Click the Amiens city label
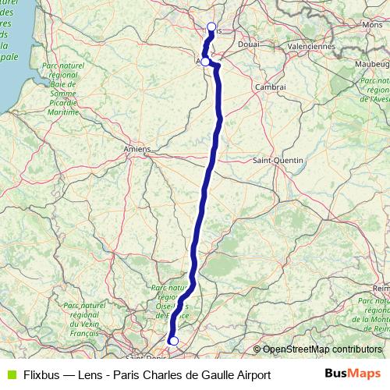point(136,148)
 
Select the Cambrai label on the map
point(270,87)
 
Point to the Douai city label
point(248,44)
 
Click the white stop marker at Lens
point(211,27)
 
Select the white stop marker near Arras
point(205,61)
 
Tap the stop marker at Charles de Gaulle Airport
point(174,341)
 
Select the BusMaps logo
point(353,374)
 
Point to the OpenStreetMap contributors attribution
point(321,350)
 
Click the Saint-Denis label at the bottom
point(144,358)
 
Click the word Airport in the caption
point(250,374)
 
